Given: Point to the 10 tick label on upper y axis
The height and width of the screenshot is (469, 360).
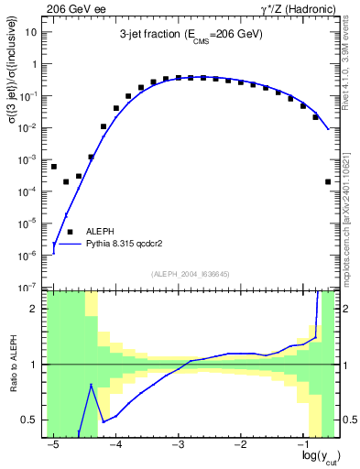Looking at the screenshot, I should click(32, 32).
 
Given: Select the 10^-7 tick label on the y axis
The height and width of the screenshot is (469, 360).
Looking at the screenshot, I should click(30, 287).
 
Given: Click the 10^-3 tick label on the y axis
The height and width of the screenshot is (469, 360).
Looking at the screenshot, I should click(30, 159).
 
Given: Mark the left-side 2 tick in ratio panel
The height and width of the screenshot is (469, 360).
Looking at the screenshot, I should click(36, 309).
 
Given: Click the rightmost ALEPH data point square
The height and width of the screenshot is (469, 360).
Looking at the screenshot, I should click(328, 181).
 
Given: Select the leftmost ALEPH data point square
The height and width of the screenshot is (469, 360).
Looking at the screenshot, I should click(54, 167).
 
